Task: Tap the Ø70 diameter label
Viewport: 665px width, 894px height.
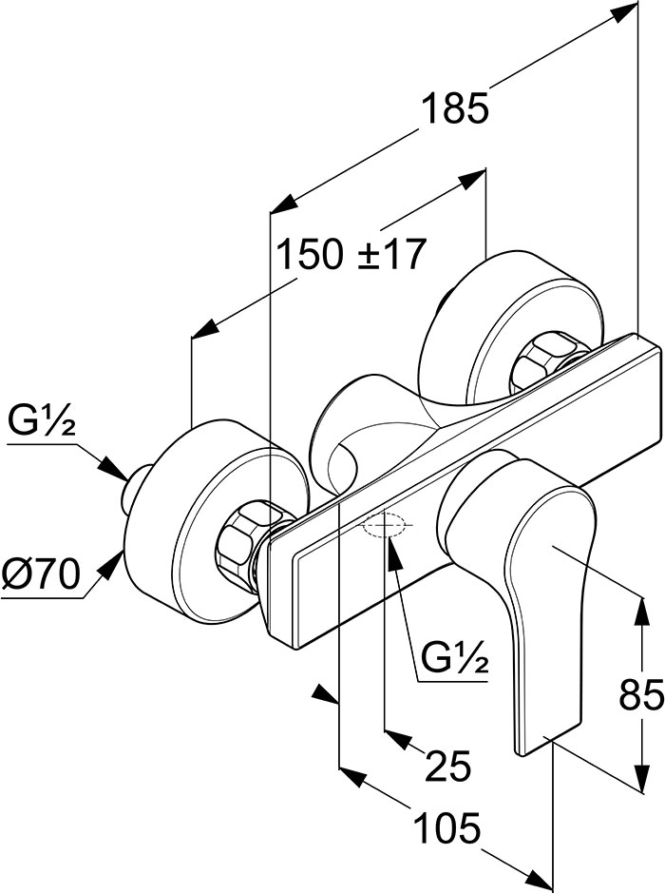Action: tap(40, 574)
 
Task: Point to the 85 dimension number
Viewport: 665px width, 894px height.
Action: tap(640, 694)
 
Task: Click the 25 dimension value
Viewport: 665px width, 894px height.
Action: tap(448, 766)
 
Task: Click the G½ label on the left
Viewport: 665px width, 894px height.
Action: tap(42, 423)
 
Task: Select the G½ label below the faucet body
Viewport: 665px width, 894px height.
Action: tap(455, 659)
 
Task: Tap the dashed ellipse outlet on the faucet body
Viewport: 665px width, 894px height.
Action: tap(385, 525)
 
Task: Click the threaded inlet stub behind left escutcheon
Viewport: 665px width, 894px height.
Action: tap(136, 488)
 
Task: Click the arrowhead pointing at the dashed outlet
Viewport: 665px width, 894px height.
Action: tap(394, 550)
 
